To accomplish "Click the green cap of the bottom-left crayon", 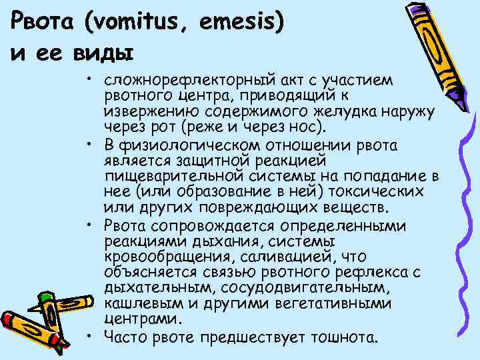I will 45,299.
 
